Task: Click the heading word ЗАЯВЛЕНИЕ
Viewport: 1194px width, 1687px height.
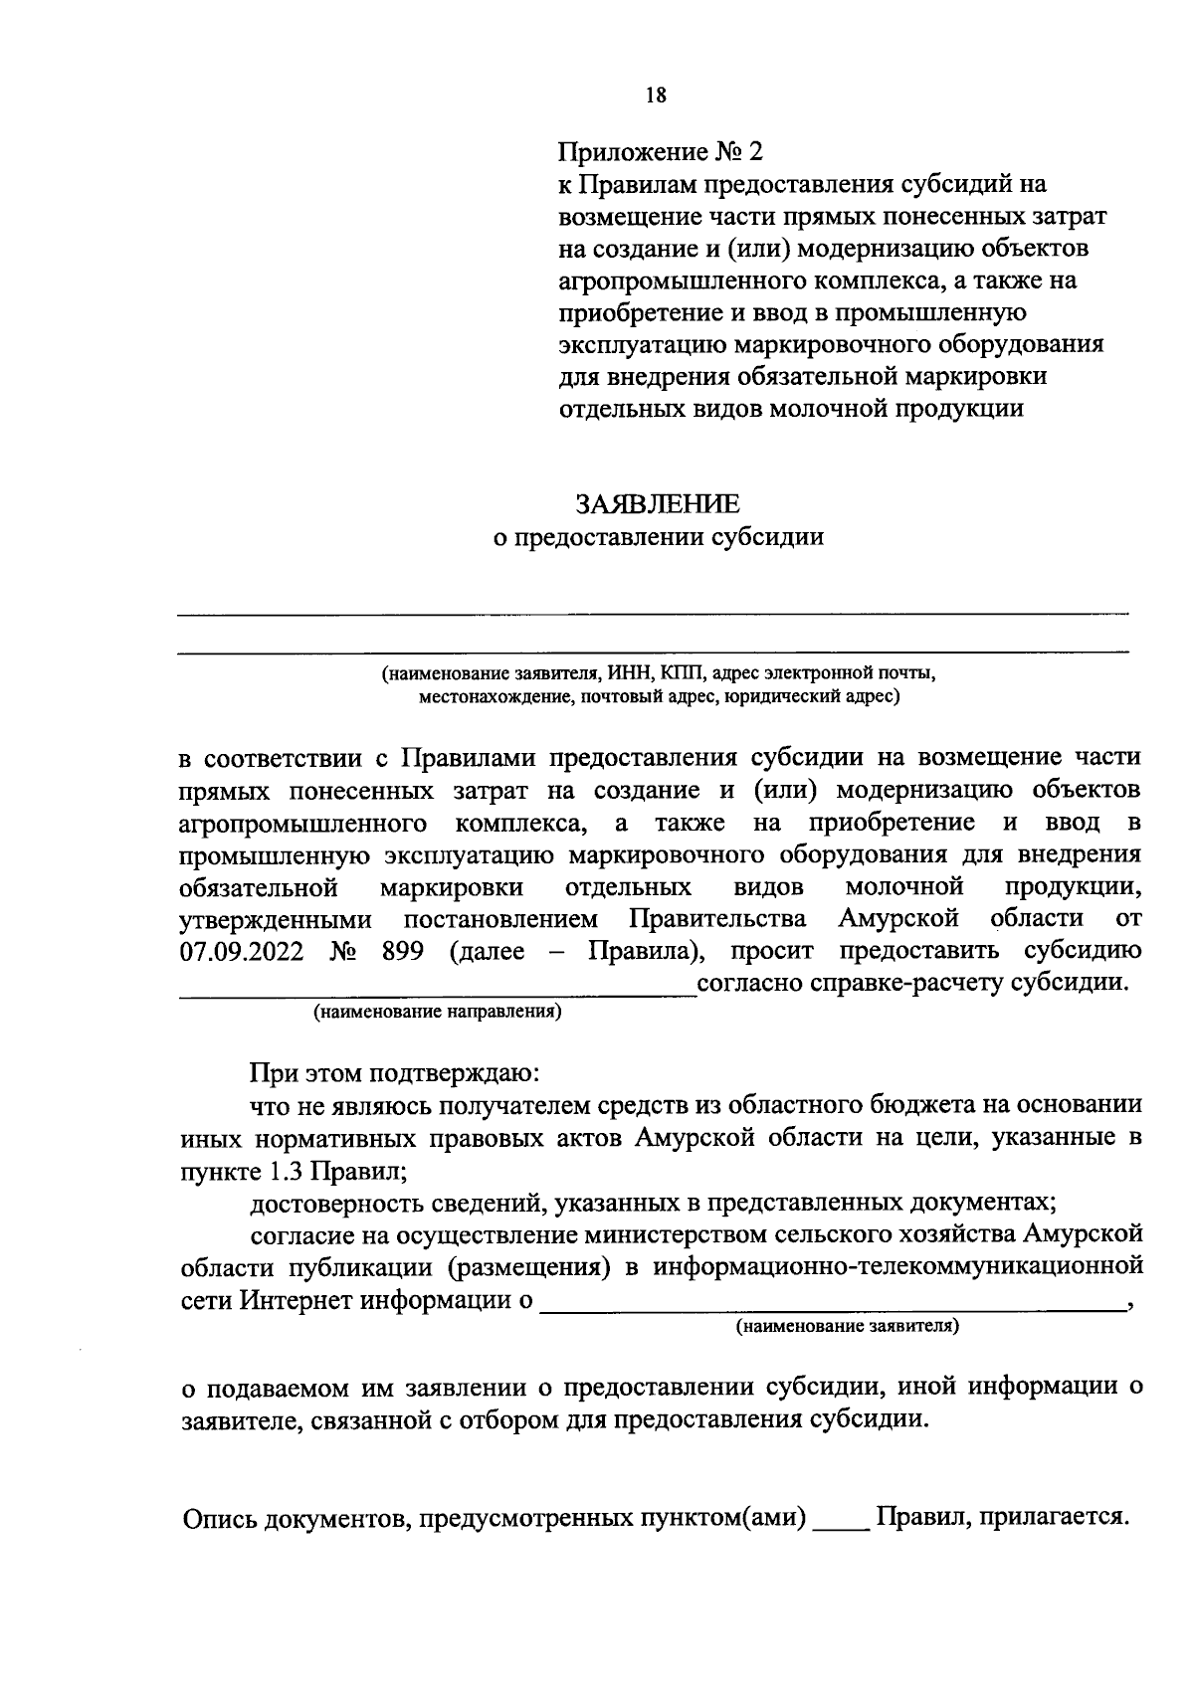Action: (659, 503)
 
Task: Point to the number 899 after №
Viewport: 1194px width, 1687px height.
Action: (403, 950)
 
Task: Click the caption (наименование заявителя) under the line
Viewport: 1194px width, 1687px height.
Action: (847, 1326)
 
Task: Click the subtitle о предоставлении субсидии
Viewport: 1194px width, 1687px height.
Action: (659, 537)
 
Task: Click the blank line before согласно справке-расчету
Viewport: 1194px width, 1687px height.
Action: (438, 991)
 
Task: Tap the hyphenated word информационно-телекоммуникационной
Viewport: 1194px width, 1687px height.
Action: (896, 1266)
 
